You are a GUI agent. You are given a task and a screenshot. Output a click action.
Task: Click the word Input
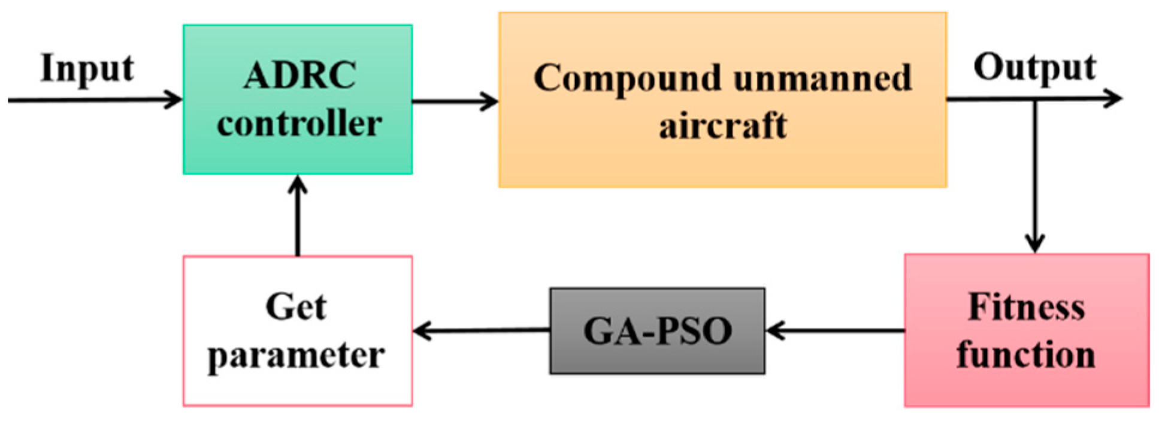coord(87,68)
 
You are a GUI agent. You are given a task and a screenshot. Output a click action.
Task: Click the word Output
coord(1034,67)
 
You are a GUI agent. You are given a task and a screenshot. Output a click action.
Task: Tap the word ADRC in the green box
coord(299,76)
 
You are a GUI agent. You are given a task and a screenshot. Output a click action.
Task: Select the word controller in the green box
coord(299,124)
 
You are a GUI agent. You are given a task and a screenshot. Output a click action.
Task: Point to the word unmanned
coord(822,78)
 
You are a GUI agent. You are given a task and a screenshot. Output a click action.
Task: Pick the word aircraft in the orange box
coord(723,126)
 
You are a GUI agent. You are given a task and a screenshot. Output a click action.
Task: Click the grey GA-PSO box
coord(657,330)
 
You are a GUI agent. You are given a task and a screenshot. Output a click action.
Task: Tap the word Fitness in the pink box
coord(1027,307)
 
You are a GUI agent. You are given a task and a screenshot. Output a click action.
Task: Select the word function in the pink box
coord(1026,354)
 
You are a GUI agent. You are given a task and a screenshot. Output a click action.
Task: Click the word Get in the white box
coord(296,307)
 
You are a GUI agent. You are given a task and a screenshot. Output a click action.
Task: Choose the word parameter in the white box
coord(296,356)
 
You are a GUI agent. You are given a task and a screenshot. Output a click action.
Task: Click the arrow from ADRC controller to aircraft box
coord(455,101)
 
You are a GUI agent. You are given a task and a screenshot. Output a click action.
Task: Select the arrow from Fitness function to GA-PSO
coord(835,330)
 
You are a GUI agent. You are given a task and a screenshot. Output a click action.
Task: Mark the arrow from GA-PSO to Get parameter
coord(482,330)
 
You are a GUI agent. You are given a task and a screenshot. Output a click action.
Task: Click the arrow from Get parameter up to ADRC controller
coord(298,216)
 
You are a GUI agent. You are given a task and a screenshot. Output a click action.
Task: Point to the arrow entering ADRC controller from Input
coord(96,100)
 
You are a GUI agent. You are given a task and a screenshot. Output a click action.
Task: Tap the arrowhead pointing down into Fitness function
coord(1034,242)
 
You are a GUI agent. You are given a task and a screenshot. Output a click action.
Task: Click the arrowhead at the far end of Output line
coord(1113,98)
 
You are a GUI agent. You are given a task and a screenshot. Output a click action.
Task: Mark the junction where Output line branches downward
coord(1034,99)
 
